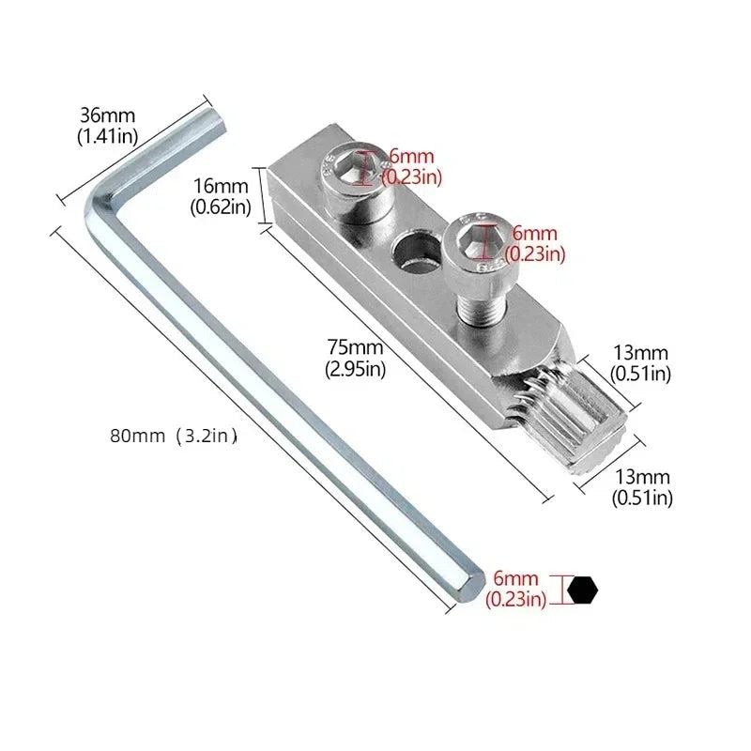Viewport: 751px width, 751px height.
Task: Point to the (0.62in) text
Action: pyautogui.click(x=221, y=207)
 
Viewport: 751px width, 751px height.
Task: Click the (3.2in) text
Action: pyautogui.click(x=206, y=436)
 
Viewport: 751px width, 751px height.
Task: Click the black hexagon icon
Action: pyautogui.click(x=583, y=589)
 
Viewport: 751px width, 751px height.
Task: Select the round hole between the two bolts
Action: pyautogui.click(x=412, y=252)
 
